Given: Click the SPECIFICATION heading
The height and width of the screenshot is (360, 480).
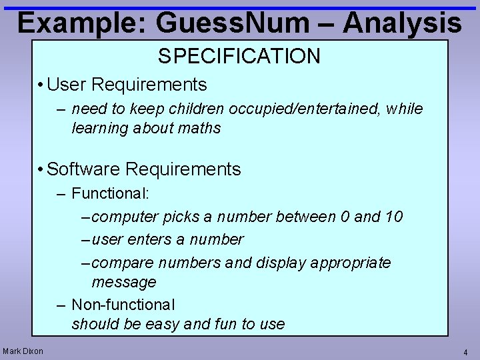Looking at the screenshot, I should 239,56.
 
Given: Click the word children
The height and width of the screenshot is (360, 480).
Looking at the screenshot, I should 199,109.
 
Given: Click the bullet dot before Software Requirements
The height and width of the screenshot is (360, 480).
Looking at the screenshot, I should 41,169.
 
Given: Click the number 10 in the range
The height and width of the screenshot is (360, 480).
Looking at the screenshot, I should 393,217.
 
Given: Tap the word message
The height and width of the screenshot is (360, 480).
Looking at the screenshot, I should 123,282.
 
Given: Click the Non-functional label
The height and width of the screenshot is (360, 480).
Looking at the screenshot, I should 123,305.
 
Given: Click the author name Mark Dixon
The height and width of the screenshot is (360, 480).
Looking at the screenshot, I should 23,351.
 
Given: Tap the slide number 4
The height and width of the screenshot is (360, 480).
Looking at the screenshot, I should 465,352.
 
